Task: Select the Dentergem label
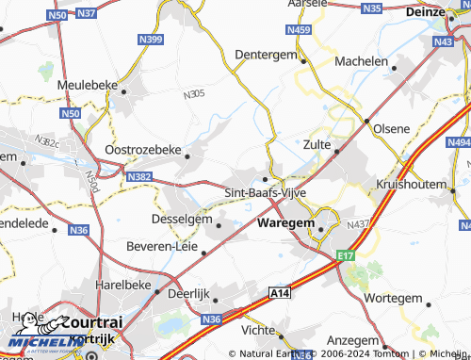[x=266, y=55]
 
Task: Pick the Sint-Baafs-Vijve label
[x=265, y=192]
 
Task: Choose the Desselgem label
[x=181, y=219]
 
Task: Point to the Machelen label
[x=362, y=61]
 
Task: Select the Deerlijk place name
[x=187, y=294]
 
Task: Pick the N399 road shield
[x=151, y=40]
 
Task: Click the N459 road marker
[x=299, y=30]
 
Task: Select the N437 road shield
[x=358, y=224]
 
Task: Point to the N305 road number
[x=193, y=94]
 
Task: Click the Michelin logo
[x=36, y=342]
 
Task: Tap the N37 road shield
[x=87, y=13]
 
